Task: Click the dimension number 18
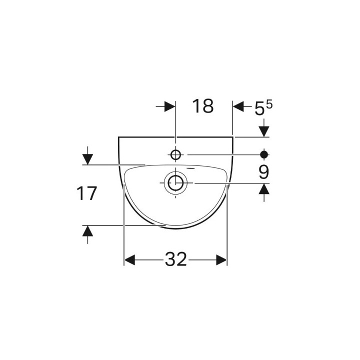coord(203,106)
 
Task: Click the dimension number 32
coord(175,259)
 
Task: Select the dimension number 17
coord(86,193)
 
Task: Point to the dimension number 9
coord(264,172)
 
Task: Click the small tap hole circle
coord(175,153)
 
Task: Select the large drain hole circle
coord(175,183)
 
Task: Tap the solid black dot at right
coord(264,153)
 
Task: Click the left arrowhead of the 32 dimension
coord(130,260)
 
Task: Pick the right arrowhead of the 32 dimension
coord(221,260)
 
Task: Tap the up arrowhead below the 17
coord(88,231)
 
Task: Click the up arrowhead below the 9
coord(264,189)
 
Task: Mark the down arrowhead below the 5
coord(264,131)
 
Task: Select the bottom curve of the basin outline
coord(175,228)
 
